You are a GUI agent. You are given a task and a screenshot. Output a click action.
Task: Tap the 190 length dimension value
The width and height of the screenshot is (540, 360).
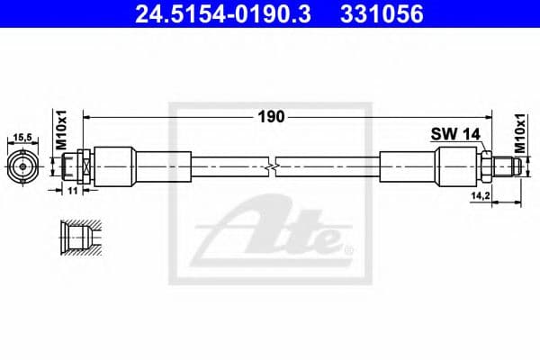(272, 116)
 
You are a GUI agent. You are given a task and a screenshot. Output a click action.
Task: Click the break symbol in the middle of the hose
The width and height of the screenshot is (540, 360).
(272, 166)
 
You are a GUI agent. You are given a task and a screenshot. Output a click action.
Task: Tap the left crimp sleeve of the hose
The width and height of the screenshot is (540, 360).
(116, 166)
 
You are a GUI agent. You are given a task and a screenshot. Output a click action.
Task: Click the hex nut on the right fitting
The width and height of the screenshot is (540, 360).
(484, 166)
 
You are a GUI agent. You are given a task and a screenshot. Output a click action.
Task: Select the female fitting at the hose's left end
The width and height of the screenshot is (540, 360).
(77, 166)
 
